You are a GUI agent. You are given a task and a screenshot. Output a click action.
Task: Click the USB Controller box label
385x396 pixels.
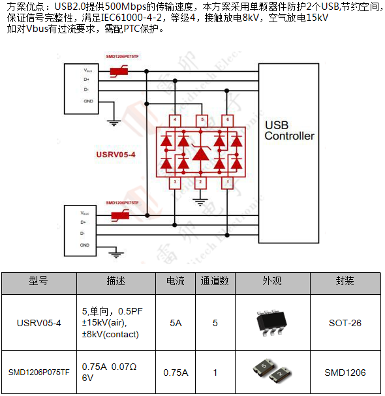[x=288, y=130]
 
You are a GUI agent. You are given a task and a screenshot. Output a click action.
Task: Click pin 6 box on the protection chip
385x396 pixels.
[x=226, y=120]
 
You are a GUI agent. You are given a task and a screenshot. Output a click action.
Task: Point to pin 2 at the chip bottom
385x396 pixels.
[x=201, y=182]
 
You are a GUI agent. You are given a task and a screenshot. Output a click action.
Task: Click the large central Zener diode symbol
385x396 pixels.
[x=201, y=152]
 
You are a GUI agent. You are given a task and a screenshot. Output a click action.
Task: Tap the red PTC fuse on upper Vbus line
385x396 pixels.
[x=118, y=70]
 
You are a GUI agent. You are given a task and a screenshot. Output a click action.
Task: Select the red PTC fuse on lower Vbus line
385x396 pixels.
[x=118, y=215]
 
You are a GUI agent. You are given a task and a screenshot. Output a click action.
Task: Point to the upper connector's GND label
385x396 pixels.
[x=88, y=101]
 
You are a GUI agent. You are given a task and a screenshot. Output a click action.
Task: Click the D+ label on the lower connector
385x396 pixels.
[x=84, y=222]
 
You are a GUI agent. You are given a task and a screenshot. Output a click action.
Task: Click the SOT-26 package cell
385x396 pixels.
[x=345, y=323]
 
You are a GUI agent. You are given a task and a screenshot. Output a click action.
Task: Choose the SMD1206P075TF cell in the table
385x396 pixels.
[x=38, y=373]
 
